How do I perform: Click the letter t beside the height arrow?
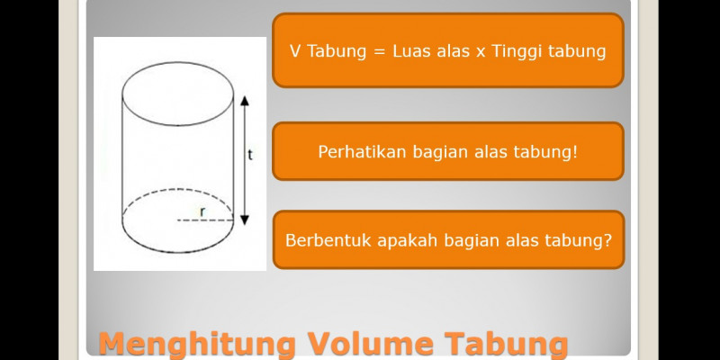pos(250,155)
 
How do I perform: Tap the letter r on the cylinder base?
pos(202,211)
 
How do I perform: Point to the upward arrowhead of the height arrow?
pos(245,100)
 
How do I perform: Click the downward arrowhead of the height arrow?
pos(245,220)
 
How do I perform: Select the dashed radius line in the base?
pos(205,220)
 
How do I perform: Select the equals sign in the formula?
pos(378,52)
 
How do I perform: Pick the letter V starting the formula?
pos(295,51)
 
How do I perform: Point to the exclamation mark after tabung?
pos(573,152)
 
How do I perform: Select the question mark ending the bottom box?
pos(607,240)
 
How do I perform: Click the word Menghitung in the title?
pos(197,346)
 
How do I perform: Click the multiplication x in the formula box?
pos(481,53)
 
